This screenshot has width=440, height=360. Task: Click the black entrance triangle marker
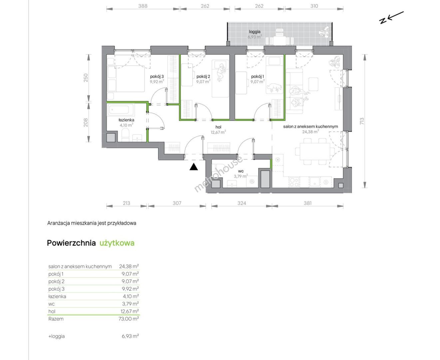tap(194, 167)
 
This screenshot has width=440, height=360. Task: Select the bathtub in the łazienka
tap(121, 110)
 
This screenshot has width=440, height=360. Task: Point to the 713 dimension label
tap(362, 121)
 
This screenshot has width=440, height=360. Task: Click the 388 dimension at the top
tap(143, 6)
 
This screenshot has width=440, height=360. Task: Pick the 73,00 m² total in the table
tap(129, 319)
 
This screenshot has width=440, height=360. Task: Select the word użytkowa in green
tap(117, 243)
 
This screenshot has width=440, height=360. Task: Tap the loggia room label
tap(254, 32)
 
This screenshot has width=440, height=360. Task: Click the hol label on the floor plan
tap(218, 127)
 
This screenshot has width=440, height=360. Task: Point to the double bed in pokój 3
tap(126, 79)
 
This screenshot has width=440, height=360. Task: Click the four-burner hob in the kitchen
tap(294, 182)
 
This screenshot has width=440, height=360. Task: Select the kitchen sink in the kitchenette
tap(315, 182)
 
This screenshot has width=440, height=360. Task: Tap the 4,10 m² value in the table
tap(131, 296)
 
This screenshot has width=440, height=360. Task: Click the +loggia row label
tap(57, 336)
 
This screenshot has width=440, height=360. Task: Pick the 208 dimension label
tap(86, 122)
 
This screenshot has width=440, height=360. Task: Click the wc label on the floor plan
tap(241, 171)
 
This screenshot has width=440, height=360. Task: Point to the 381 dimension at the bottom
tap(307, 203)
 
